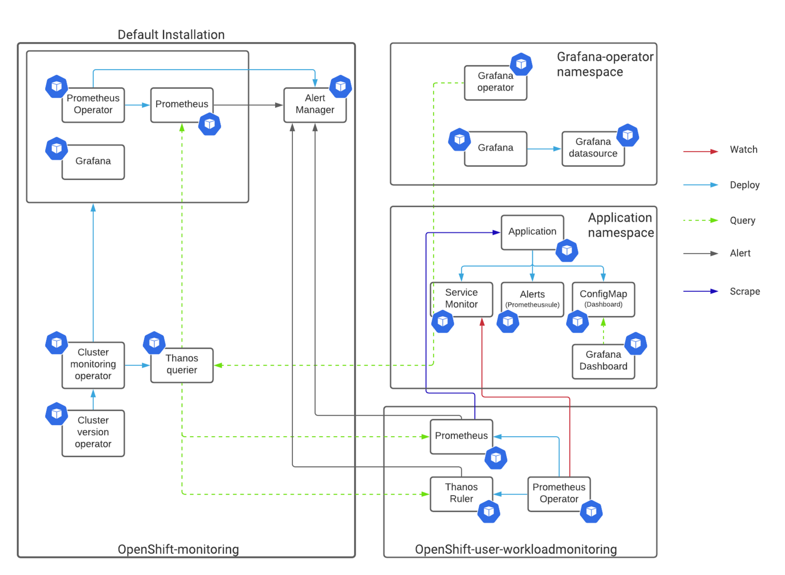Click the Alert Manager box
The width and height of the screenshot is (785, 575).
[314, 105]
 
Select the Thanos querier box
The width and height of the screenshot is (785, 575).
[182, 365]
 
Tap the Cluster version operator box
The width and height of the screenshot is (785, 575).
[93, 433]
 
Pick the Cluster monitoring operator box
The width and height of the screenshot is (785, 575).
[93, 365]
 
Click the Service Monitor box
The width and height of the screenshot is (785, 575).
[461, 300]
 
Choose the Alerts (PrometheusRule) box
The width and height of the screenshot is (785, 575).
[532, 300]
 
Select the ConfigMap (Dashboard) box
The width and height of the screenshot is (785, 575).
[603, 300]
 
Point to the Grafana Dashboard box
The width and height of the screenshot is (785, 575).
[603, 361]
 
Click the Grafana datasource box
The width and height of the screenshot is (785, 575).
[593, 149]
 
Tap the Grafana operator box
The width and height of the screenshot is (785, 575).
[496, 83]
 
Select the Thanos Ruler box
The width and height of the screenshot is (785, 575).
[461, 494]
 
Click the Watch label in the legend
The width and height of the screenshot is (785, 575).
[744, 150]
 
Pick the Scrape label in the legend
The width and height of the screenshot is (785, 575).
[745, 291]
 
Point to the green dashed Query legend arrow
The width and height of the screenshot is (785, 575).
[701, 220]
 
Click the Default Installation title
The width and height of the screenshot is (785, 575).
[171, 35]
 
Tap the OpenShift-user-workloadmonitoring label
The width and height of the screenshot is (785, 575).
[516, 549]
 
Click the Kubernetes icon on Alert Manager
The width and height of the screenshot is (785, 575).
[340, 86]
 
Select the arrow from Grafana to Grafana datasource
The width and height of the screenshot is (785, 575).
[544, 149]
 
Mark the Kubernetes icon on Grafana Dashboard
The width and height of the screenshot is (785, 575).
[636, 344]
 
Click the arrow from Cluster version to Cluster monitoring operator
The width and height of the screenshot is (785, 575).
[93, 400]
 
